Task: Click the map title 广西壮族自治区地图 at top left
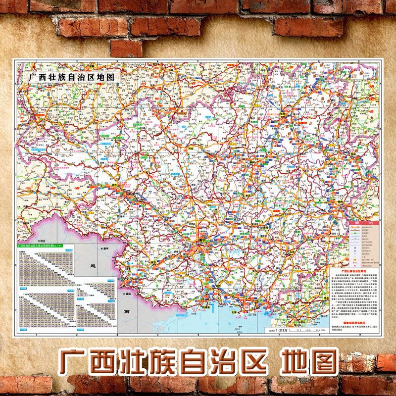pos(72,77)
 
